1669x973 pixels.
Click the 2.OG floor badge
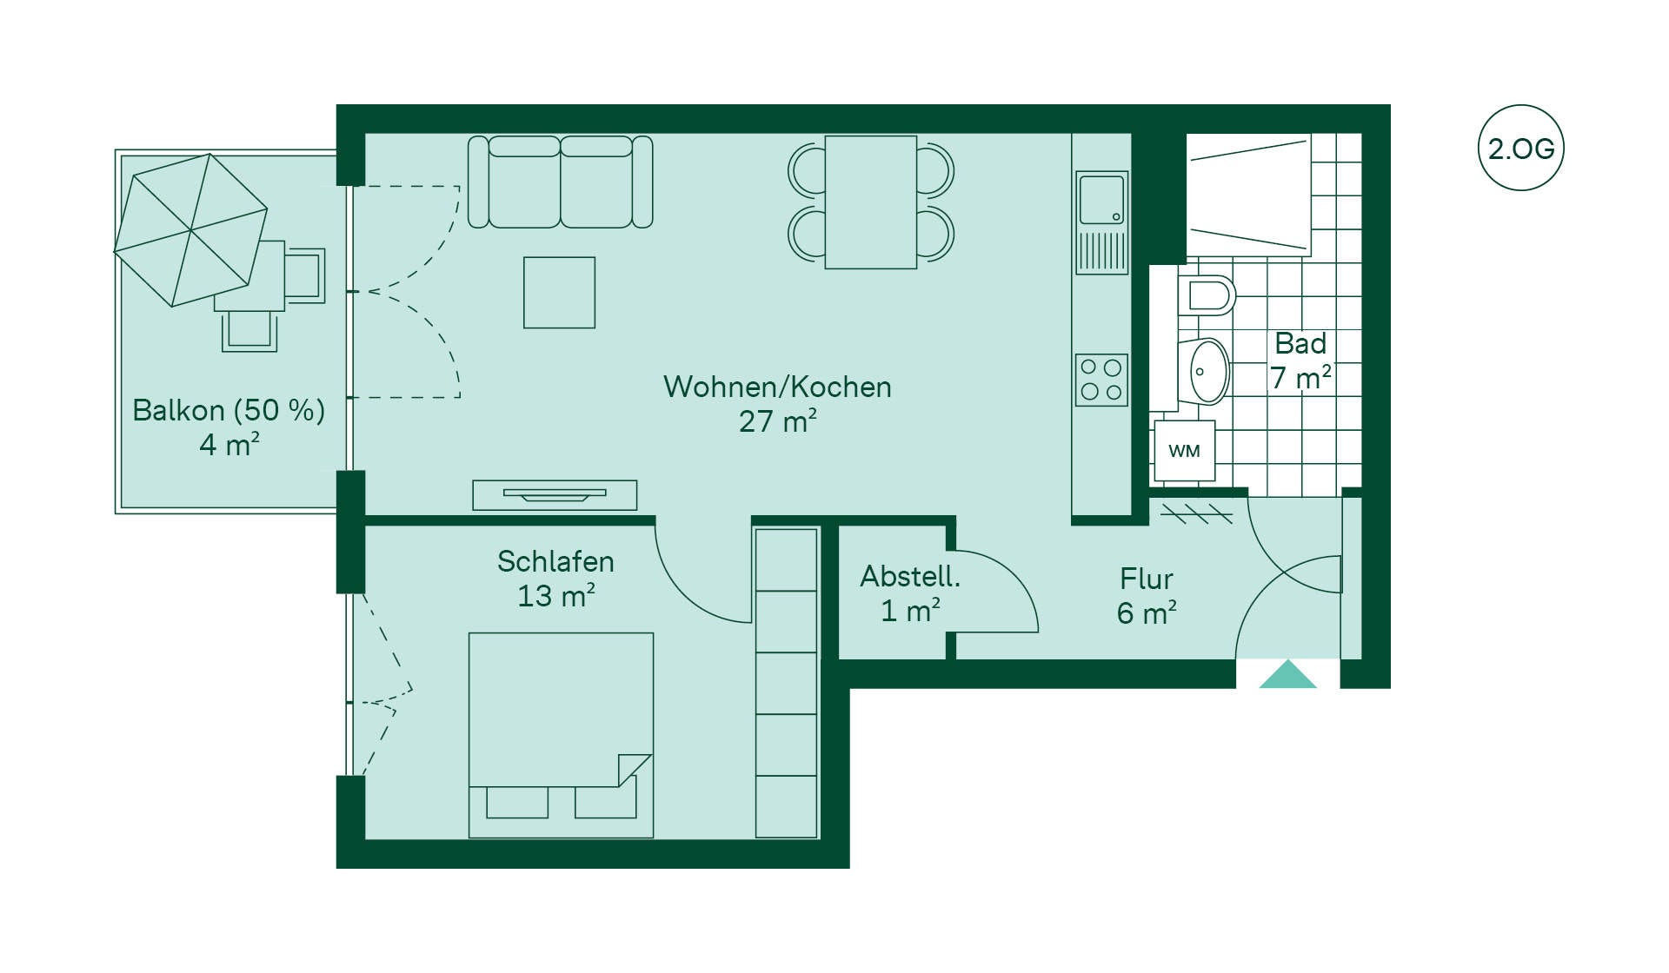1520,148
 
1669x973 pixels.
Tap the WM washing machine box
1184,451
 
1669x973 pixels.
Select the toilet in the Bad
1207,295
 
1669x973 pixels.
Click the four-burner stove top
1101,380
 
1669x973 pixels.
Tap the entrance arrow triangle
1288,674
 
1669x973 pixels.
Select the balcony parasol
190,230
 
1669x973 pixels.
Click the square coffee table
559,292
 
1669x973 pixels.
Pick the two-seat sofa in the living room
561,182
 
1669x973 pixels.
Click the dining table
870,202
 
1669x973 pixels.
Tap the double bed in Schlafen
561,735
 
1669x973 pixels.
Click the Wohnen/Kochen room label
777,387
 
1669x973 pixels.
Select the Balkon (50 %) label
229,410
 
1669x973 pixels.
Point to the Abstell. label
910,576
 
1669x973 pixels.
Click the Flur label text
1146,579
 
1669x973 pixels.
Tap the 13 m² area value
556,596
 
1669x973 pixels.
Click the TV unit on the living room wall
555,495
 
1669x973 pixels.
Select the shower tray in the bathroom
1248,195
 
